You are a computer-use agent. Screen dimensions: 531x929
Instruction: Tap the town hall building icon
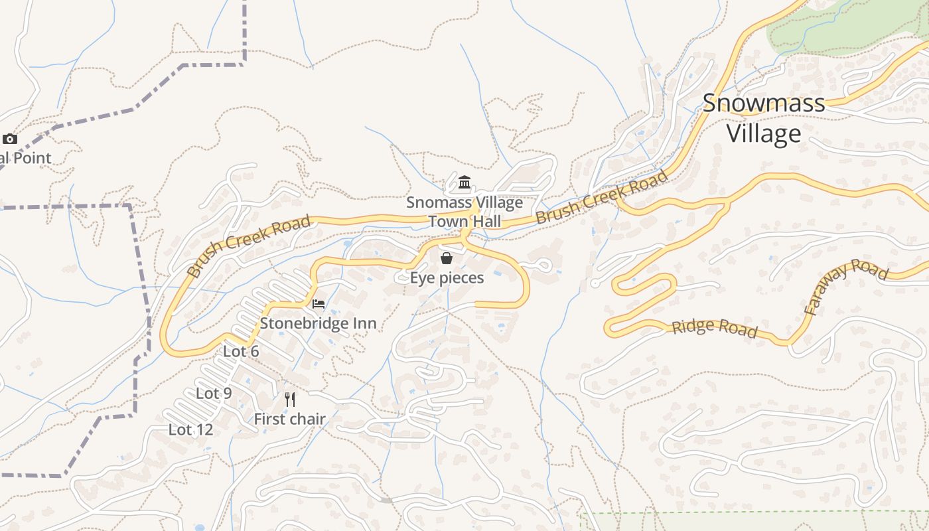click(464, 182)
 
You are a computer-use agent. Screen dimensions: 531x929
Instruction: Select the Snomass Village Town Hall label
click(464, 212)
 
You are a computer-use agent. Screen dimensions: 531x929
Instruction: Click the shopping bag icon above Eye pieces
click(447, 258)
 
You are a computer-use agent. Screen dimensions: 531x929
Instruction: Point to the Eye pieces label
click(447, 277)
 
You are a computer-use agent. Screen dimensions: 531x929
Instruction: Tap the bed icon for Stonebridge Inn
click(319, 304)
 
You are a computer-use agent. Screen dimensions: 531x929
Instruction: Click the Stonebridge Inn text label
click(318, 323)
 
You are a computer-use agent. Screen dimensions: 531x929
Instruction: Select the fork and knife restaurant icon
click(290, 399)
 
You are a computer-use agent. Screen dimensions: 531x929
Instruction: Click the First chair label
click(290, 419)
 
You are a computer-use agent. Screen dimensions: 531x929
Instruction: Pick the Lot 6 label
click(241, 351)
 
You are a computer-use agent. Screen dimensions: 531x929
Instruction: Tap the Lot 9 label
click(214, 393)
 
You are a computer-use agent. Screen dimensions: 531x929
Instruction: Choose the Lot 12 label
click(191, 429)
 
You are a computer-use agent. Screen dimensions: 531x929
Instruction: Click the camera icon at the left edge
click(9, 139)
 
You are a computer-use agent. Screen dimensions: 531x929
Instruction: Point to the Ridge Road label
click(714, 327)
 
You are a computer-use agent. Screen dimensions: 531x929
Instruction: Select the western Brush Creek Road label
click(248, 246)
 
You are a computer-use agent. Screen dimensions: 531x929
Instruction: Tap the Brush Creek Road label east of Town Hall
click(601, 197)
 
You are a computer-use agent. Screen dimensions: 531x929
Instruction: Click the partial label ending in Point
click(25, 158)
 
